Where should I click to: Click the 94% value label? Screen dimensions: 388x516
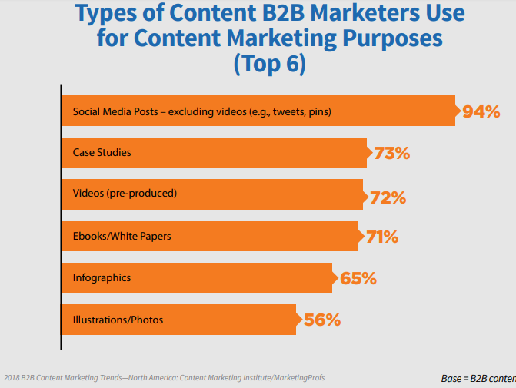[x=481, y=111]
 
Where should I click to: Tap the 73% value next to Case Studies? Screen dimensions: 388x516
[x=391, y=153]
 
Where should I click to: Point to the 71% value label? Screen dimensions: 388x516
[x=382, y=237]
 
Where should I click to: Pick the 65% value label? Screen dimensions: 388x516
[x=358, y=278]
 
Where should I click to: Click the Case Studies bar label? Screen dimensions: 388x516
[x=102, y=152]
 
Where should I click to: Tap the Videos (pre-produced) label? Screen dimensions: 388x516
[x=125, y=194]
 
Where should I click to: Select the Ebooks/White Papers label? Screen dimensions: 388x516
[x=122, y=236]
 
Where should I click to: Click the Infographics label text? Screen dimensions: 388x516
[x=103, y=277]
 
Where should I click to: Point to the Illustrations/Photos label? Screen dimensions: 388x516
[x=118, y=319]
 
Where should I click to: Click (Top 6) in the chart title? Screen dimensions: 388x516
[x=270, y=64]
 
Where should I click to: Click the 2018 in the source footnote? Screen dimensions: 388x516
[x=13, y=377]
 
